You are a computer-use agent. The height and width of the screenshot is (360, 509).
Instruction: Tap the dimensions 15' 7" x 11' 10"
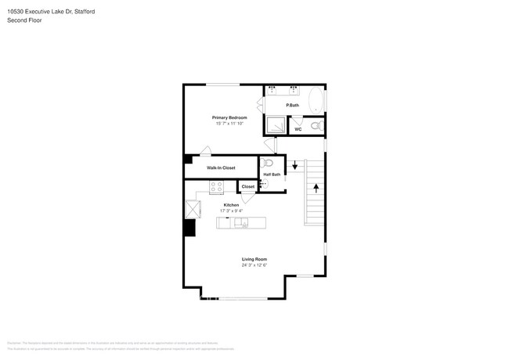pyautogui.click(x=229, y=124)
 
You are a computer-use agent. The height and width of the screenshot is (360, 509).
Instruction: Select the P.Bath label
pyautogui.click(x=292, y=105)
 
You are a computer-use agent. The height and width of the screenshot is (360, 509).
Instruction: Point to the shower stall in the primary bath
pyautogui.click(x=275, y=124)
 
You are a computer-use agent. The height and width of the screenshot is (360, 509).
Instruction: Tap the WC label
pyautogui.click(x=298, y=129)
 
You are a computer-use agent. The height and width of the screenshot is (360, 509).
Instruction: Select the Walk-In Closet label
pyautogui.click(x=221, y=167)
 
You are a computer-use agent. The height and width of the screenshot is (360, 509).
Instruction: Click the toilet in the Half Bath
pyautogui.click(x=268, y=164)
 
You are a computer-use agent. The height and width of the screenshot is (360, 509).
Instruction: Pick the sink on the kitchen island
pyautogui.click(x=241, y=223)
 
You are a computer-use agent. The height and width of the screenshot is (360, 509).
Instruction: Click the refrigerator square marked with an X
pyautogui.click(x=192, y=209)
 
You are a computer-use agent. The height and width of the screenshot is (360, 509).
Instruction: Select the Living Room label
pyautogui.click(x=254, y=259)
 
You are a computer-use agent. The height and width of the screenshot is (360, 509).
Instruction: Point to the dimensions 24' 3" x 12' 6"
pyautogui.click(x=254, y=265)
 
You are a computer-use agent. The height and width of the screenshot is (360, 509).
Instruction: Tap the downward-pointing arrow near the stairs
pyautogui.click(x=295, y=166)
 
